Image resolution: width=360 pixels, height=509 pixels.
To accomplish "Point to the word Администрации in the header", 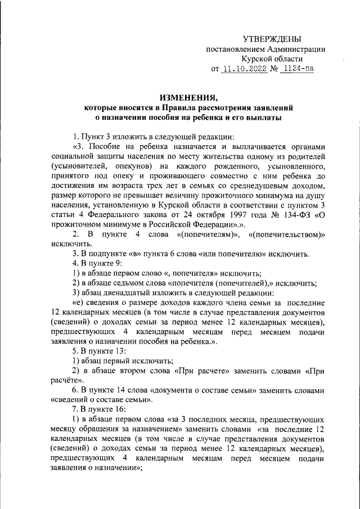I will click(299, 48).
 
